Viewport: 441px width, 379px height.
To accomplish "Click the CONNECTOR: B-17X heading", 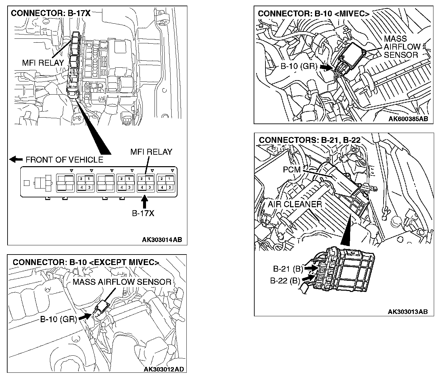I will click(x=51, y=13).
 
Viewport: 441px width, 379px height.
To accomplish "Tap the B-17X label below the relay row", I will click(x=143, y=213).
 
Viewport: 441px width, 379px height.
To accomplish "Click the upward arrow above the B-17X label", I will click(x=144, y=201).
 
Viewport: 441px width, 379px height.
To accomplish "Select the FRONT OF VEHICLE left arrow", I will click(x=16, y=160).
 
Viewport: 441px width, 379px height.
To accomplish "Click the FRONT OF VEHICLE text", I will click(x=64, y=160).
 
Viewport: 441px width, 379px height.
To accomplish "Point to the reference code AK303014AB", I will click(x=162, y=240).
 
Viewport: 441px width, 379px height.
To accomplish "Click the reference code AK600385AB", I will click(x=408, y=119).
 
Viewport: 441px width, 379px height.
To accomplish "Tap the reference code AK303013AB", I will click(x=408, y=312).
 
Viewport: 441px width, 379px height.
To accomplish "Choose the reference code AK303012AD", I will click(x=164, y=369).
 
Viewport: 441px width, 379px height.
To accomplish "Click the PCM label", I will click(x=292, y=170).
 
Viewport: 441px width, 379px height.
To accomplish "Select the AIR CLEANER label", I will click(x=295, y=204).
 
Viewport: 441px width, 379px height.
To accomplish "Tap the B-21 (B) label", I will click(x=288, y=269).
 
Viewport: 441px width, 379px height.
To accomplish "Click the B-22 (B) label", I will click(x=285, y=281).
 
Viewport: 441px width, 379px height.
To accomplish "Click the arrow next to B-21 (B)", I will click(x=310, y=268).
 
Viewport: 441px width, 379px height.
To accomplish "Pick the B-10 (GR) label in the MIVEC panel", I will click(x=299, y=66).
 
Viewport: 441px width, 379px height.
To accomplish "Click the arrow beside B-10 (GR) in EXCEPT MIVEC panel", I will click(x=85, y=316).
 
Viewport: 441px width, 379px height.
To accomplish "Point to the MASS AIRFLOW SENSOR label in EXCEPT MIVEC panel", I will click(x=122, y=282).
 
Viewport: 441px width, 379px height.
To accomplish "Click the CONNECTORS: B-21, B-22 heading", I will click(x=309, y=140).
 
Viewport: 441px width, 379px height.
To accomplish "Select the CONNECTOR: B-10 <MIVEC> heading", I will click(x=313, y=13).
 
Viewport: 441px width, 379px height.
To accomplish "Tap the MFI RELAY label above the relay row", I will click(x=151, y=152).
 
